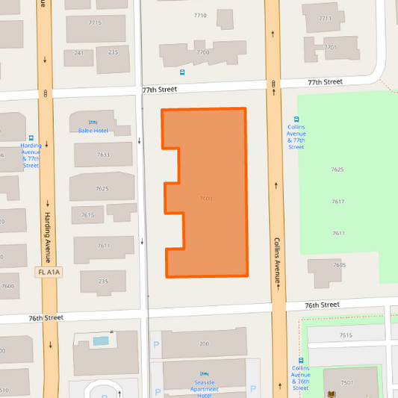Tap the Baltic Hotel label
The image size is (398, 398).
click(93, 131)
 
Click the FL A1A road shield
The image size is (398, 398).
click(48, 273)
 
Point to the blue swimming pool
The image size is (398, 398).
click(100, 341)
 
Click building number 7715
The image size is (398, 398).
click(95, 22)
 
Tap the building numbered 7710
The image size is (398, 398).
click(200, 16)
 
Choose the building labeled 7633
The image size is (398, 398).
click(103, 155)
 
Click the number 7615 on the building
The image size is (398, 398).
click(87, 215)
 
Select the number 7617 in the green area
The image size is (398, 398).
click(338, 202)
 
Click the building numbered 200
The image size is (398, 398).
click(204, 343)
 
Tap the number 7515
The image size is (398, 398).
click(346, 335)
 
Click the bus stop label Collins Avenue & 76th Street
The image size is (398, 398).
click(300, 378)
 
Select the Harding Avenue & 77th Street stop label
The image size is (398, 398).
click(31, 155)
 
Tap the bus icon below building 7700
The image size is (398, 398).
click(182, 72)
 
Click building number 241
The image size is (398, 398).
click(79, 52)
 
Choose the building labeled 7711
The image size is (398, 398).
click(325, 18)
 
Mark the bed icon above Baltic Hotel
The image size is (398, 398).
click(93, 122)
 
